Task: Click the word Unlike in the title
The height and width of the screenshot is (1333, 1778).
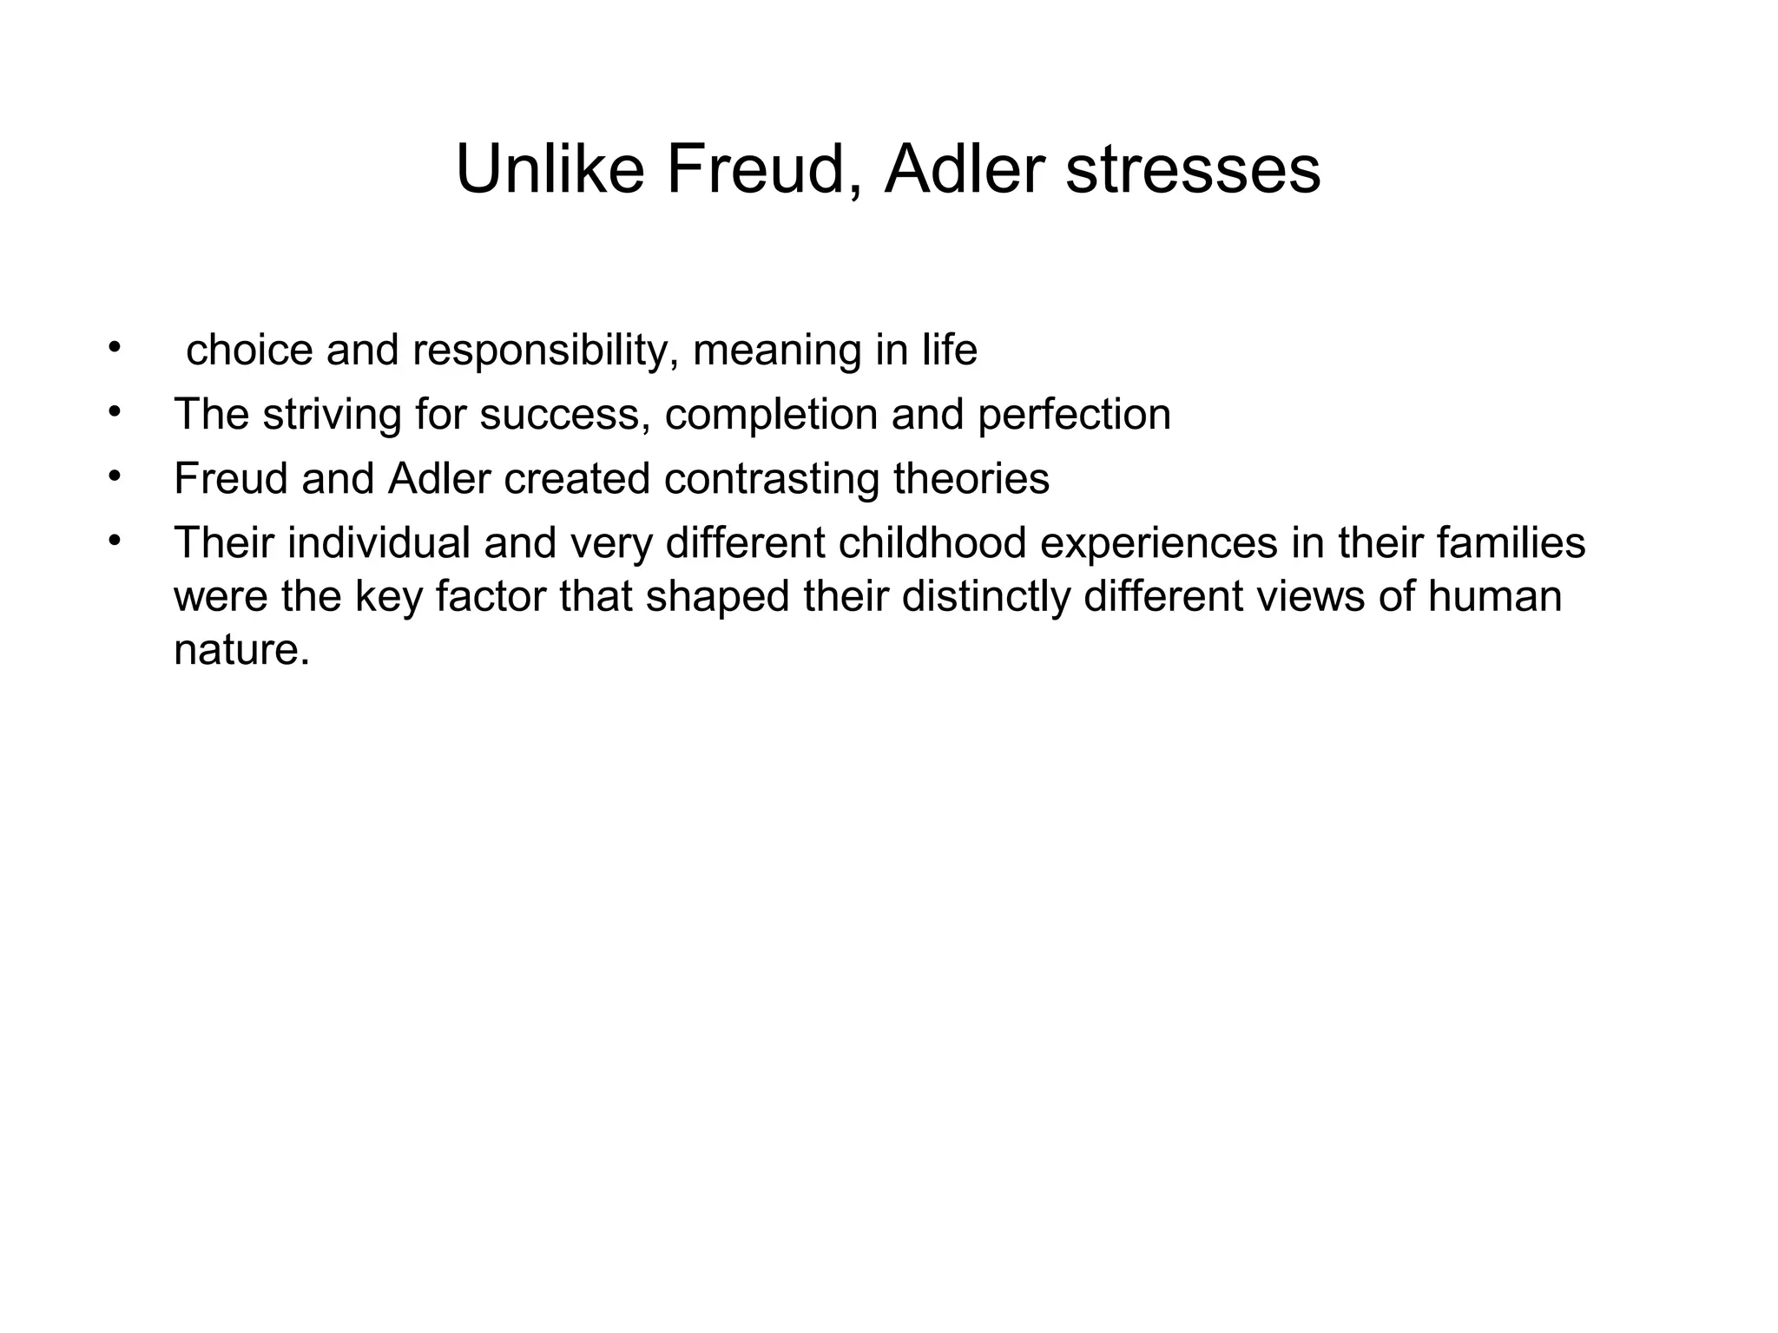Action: click(x=550, y=169)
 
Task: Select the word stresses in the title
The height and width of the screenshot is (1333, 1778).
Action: click(x=1193, y=169)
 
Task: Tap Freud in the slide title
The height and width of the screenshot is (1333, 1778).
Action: click(x=756, y=169)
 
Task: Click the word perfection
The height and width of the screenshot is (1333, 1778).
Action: click(x=1074, y=415)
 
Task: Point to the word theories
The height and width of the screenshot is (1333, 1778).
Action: click(x=971, y=479)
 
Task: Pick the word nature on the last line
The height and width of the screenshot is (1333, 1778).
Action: click(x=241, y=650)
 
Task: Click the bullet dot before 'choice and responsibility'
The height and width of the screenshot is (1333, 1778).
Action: click(x=113, y=349)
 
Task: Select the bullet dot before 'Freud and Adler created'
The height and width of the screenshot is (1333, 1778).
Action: click(x=113, y=477)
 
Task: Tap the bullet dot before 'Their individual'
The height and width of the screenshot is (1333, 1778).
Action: click(x=113, y=542)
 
